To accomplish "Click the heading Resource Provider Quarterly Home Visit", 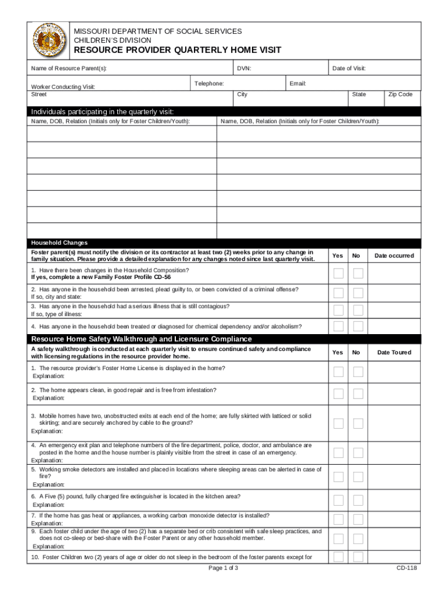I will (x=176, y=50).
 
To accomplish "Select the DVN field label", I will (x=244, y=68).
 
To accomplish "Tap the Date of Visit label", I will (x=348, y=68).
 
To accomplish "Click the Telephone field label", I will (x=209, y=84).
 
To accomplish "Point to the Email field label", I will (x=297, y=84).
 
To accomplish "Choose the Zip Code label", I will (x=400, y=94).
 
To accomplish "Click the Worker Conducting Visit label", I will (x=63, y=87).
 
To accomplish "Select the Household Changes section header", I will (x=59, y=242).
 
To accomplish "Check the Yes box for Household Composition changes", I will (x=338, y=273).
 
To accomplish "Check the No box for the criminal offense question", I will (x=358, y=293).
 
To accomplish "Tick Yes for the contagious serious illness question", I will (x=338, y=310).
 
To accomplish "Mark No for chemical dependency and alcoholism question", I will (x=358, y=327).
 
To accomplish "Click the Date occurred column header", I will (x=394, y=256).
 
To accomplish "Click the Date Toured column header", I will (x=394, y=352).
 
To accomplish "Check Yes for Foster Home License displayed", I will (x=338, y=372).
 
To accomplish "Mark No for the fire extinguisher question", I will (x=358, y=501).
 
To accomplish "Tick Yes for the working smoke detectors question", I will (x=338, y=477).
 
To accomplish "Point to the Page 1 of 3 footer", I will (x=223, y=567).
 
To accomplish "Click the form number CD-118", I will (x=406, y=567).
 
